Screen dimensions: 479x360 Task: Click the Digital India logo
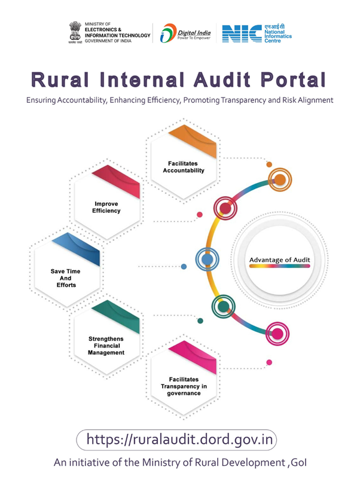[x=185, y=32]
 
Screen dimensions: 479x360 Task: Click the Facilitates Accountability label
[x=184, y=166]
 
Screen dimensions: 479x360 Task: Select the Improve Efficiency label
[x=106, y=207]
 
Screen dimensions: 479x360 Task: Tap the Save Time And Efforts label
[x=65, y=278]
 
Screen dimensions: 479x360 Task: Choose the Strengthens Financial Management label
[x=106, y=346]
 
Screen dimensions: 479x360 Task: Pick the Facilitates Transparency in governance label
[x=184, y=386]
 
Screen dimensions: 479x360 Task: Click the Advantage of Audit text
[x=279, y=260]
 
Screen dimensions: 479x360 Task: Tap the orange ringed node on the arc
[x=279, y=179]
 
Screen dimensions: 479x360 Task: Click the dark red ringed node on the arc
[x=225, y=208]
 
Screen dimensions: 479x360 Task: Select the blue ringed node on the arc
[x=207, y=260]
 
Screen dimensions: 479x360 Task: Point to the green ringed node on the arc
[x=223, y=307]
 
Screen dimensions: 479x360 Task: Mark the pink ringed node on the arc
[x=277, y=334]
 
